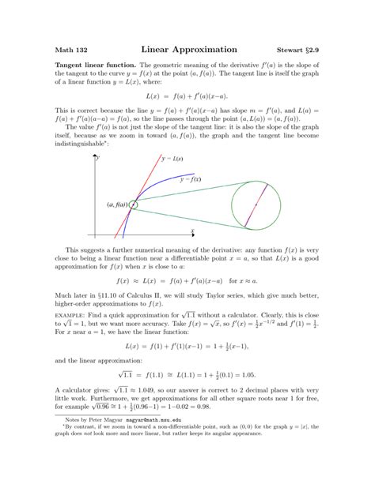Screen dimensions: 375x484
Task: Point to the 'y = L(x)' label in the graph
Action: [x=172, y=159]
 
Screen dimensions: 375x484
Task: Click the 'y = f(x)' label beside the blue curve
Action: [x=190, y=179]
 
